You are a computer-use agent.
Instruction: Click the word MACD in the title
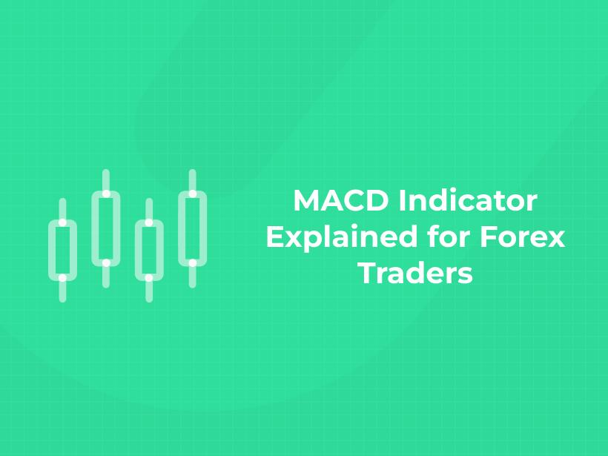332,202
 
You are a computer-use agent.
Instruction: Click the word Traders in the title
415,273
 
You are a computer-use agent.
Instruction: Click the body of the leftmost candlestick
63,250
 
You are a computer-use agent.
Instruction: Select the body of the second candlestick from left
106,228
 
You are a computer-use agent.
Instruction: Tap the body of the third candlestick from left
149,250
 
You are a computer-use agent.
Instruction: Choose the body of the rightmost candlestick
192,228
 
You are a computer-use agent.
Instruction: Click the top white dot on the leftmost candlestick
63,222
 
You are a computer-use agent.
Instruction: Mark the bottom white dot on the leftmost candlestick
63,277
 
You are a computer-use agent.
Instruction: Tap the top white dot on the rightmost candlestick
192,194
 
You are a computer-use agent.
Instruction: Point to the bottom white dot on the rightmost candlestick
192,262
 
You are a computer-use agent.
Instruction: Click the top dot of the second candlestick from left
106,194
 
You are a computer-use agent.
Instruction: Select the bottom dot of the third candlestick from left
149,277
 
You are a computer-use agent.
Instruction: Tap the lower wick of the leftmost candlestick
63,291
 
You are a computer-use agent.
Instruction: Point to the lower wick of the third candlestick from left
149,291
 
